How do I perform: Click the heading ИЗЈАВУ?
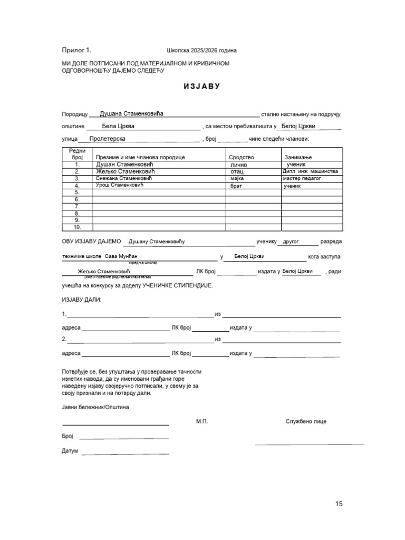(x=202, y=86)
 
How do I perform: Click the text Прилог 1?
(x=76, y=51)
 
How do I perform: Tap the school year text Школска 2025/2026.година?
(x=201, y=51)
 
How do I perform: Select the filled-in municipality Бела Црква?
(x=118, y=127)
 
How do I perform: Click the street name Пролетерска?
(x=107, y=139)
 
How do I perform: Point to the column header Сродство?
(x=242, y=157)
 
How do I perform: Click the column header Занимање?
(x=298, y=157)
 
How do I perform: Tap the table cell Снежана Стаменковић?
(x=123, y=179)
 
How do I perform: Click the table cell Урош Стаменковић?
(x=119, y=186)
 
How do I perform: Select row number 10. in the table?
(x=77, y=227)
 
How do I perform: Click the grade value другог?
(x=291, y=242)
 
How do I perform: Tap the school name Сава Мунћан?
(x=121, y=257)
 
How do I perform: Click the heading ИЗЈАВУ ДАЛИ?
(x=82, y=300)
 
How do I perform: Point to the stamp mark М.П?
(x=202, y=421)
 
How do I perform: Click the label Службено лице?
(x=306, y=421)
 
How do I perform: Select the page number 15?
(x=339, y=504)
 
